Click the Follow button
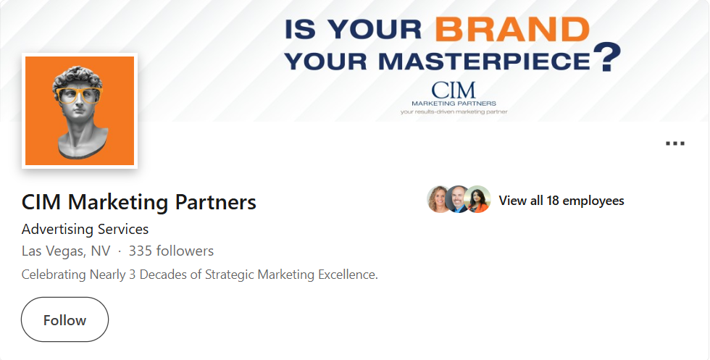click(x=64, y=319)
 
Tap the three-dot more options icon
click(x=674, y=143)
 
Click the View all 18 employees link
click(x=561, y=201)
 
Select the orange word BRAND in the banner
click(x=511, y=28)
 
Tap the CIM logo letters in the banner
click(x=454, y=90)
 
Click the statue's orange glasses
click(x=78, y=94)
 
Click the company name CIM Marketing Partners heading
click(x=139, y=202)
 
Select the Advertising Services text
click(x=85, y=230)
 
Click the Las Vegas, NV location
click(x=66, y=251)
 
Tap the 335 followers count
click(x=171, y=251)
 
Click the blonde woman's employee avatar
click(x=440, y=200)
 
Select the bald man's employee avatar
click(x=459, y=200)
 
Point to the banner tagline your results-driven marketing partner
click(x=454, y=112)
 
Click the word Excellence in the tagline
click(x=348, y=275)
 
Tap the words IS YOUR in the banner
click(x=353, y=29)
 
